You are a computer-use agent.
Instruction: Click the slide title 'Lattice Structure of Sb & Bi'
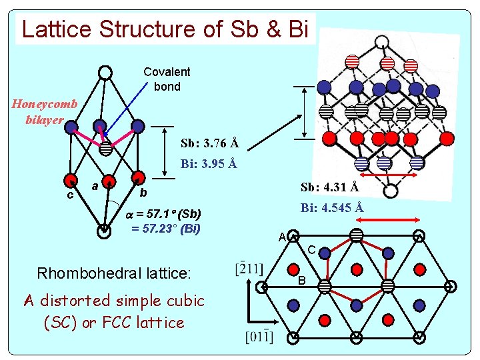tap(165, 29)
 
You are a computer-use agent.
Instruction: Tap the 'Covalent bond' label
tap(167, 79)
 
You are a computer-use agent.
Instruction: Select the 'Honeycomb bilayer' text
tap(44, 112)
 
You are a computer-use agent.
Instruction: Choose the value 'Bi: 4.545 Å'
tap(331, 207)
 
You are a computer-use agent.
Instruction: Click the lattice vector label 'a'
tap(95, 186)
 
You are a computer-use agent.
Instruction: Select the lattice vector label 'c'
tap(69, 195)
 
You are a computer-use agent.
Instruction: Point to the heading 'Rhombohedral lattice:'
tap(113, 273)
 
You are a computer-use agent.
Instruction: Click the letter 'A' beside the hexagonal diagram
tap(282, 237)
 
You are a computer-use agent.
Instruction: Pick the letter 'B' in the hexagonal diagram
tap(301, 281)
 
